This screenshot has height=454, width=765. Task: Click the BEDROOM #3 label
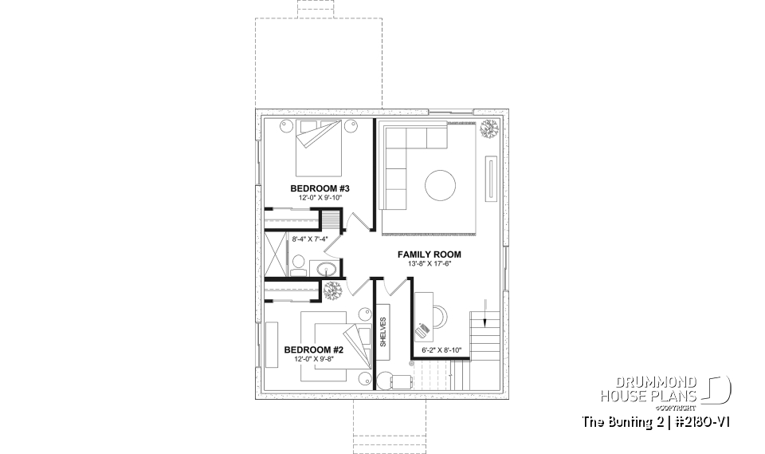[x=321, y=188]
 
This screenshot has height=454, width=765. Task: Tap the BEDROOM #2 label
[x=313, y=349]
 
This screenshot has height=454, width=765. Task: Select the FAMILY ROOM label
[x=430, y=255]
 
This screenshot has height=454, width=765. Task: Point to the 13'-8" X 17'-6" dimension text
[x=430, y=264]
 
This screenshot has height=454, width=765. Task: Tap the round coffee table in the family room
[x=441, y=186]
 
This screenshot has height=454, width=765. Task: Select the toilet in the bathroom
[x=296, y=263]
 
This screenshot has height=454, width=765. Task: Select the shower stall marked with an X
[x=274, y=253]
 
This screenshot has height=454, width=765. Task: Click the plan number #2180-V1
[x=705, y=421]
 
